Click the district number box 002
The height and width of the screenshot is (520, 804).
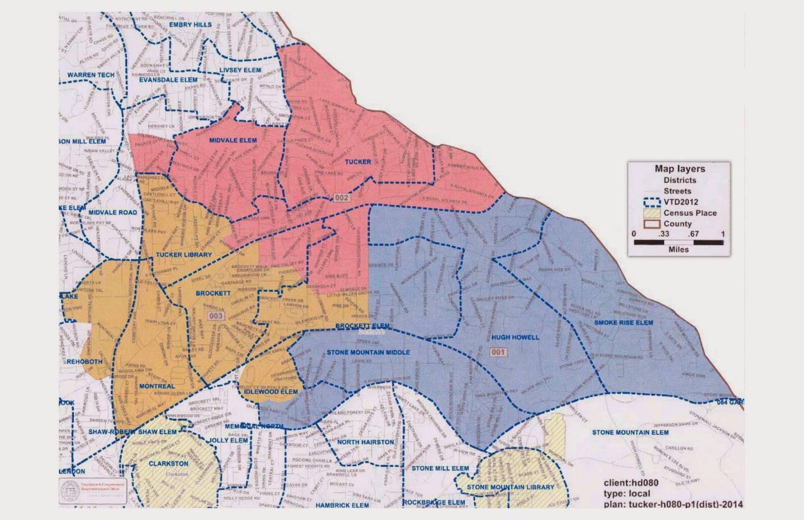click(x=342, y=197)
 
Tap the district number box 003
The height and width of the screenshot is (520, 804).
click(x=216, y=316)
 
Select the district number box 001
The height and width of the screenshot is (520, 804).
click(x=498, y=352)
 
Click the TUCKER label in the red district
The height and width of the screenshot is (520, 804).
click(x=358, y=162)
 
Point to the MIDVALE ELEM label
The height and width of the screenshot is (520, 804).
click(x=233, y=140)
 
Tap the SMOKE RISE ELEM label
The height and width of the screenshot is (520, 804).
click(x=624, y=323)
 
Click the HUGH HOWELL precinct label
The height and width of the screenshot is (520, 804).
click(x=515, y=338)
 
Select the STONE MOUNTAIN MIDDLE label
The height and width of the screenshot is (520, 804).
click(x=368, y=352)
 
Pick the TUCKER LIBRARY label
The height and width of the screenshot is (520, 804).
click(x=183, y=255)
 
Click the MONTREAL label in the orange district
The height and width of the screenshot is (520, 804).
click(x=157, y=386)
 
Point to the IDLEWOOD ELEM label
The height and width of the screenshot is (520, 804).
click(x=271, y=391)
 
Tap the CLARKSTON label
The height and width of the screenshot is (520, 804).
click(x=169, y=463)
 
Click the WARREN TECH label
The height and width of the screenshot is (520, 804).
click(x=91, y=75)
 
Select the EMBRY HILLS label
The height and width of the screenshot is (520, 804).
click(x=190, y=24)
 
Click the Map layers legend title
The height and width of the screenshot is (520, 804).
click(x=679, y=169)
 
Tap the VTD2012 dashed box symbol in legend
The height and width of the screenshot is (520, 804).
click(x=651, y=202)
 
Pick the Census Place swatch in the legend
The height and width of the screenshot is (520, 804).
click(x=651, y=213)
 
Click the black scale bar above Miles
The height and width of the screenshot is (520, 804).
click(x=678, y=242)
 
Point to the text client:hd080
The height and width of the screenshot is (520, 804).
click(x=631, y=483)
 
